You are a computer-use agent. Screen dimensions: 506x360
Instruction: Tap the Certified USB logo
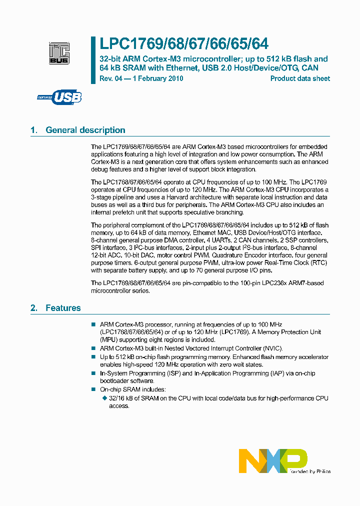(x=59, y=97)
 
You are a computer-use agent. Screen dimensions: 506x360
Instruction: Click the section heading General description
(x=85, y=130)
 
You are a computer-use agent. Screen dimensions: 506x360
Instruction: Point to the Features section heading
(x=63, y=308)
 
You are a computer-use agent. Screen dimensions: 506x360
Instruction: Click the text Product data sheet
(x=300, y=78)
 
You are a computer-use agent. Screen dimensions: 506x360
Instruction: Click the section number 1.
(x=33, y=130)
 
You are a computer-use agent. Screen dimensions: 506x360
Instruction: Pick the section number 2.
(x=33, y=308)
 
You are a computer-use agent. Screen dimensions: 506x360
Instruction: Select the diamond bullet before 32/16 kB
(x=104, y=398)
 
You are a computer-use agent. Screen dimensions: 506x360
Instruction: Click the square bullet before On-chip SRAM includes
(x=93, y=389)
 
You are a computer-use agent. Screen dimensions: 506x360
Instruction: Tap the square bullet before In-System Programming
(x=93, y=373)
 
